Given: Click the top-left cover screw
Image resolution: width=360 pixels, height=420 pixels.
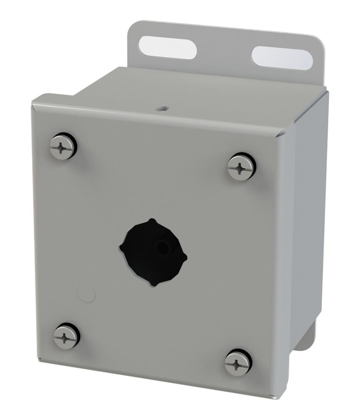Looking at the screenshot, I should point(63,147).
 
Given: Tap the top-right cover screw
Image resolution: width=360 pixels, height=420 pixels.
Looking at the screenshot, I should point(241,167).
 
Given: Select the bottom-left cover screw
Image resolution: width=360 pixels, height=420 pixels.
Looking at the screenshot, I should point(66,336).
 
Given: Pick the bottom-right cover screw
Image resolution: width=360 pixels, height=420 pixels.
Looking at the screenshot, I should point(238,362).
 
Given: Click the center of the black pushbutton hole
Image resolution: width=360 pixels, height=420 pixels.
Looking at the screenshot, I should point(153,252).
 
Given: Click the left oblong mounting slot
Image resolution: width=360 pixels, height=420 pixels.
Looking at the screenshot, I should point(167,47).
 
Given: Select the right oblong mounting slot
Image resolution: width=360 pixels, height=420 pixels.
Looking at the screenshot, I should point(282,58).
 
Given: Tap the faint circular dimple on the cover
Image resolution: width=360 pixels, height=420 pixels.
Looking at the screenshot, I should point(87,294).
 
